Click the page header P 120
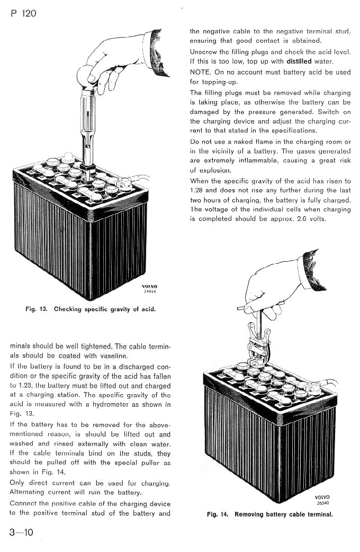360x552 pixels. (x=23, y=13)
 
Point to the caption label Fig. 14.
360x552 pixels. (x=219, y=514)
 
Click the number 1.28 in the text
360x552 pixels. (x=197, y=190)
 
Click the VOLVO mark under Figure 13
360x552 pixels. (x=150, y=287)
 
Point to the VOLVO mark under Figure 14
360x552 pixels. (x=321, y=497)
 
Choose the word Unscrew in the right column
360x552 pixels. (x=204, y=52)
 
